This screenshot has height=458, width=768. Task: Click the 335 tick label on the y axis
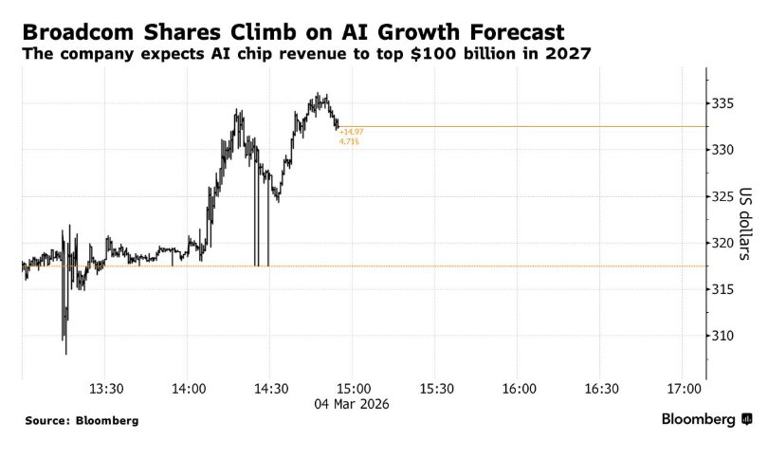[x=723, y=103]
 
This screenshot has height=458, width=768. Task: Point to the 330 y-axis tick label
[x=723, y=150]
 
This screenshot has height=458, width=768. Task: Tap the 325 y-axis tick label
[x=723, y=196]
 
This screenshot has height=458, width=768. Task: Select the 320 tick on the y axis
[x=723, y=243]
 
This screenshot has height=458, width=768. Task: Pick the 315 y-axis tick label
[x=723, y=289]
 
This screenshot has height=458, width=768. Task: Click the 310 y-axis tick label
[x=723, y=336]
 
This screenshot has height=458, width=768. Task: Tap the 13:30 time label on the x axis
[x=106, y=389]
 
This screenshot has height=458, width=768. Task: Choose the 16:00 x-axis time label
[x=519, y=389]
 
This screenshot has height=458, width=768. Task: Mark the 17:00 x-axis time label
[x=684, y=389]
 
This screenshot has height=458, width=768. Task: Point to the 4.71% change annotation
[x=349, y=141]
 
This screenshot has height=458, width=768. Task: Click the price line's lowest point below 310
[x=66, y=354]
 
